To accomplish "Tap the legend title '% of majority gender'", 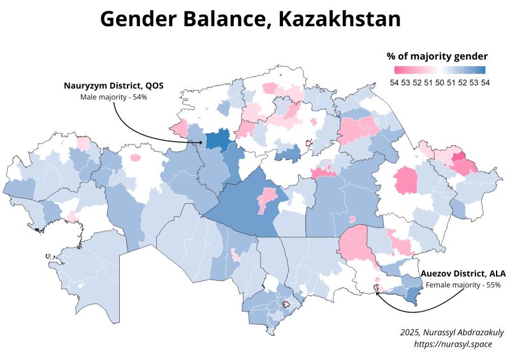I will [437, 56].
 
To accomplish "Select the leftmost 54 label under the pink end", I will [395, 82].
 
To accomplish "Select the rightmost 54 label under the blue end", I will [485, 82].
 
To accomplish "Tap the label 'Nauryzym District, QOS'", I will [113, 85].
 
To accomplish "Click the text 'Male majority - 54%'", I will [113, 97].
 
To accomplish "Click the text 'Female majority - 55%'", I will [463, 284].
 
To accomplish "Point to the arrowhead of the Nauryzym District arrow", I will [203, 143].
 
